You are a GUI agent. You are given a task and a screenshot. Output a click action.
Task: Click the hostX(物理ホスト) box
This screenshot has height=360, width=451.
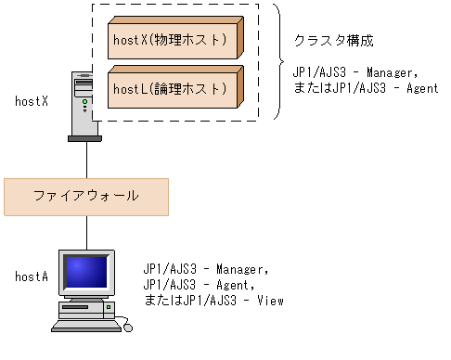click(x=176, y=42)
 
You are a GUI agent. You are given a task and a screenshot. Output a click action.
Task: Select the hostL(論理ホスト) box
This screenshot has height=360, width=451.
click(x=176, y=89)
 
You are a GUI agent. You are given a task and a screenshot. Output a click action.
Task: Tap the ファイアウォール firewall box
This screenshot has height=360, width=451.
click(x=86, y=196)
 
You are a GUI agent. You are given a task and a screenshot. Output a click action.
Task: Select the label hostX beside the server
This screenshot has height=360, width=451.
click(x=32, y=99)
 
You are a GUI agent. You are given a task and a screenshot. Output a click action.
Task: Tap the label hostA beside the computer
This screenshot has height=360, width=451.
click(x=32, y=276)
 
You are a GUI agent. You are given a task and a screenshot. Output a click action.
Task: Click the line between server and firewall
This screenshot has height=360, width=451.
click(x=86, y=161)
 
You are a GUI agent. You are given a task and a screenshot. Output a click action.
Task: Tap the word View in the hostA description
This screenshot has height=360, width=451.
click(x=269, y=301)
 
